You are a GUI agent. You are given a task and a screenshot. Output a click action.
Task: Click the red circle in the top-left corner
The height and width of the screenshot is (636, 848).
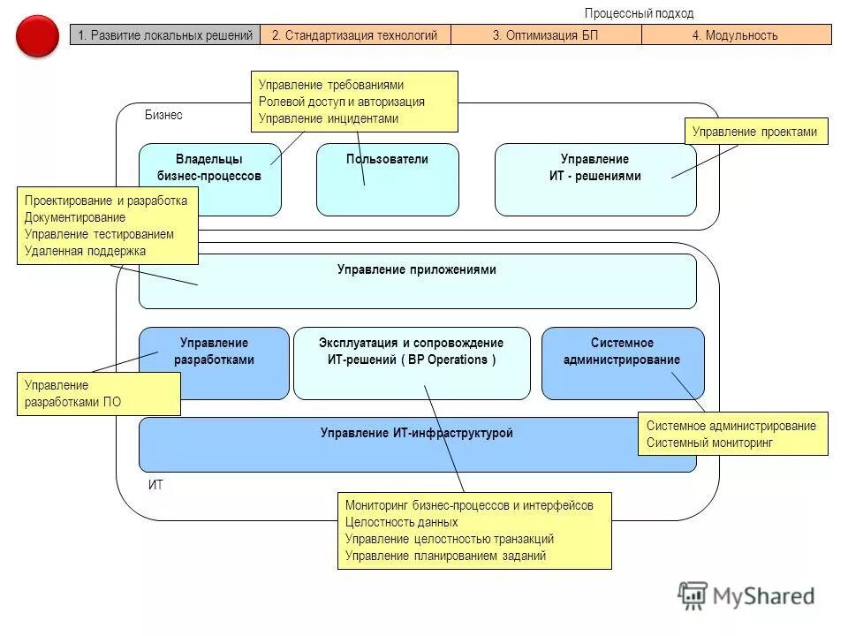point(37,35)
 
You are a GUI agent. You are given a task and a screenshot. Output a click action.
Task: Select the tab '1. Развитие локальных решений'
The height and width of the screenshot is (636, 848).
point(165,35)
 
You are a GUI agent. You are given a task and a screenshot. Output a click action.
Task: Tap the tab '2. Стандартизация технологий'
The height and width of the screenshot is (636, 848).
point(355,35)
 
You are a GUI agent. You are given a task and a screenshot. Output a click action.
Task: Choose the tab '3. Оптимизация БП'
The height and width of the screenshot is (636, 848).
point(546,35)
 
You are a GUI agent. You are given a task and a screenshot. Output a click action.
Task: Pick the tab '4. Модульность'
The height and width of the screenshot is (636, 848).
point(736,35)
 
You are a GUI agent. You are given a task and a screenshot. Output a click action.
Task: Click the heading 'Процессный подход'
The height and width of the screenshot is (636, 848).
point(639,13)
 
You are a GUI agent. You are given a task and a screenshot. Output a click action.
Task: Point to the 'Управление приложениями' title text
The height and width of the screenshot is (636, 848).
point(417,269)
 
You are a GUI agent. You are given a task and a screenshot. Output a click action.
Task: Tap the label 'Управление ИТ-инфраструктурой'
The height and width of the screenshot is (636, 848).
point(417,433)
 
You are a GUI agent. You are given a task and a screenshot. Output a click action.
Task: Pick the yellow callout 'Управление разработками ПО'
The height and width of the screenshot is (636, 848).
point(98,393)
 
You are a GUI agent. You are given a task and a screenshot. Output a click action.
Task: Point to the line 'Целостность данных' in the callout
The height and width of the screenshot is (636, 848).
point(401,522)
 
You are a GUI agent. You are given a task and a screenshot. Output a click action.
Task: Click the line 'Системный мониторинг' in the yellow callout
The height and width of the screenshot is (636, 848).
point(709,442)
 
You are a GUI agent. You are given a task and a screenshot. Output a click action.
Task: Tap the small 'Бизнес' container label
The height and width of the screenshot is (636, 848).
point(163,115)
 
